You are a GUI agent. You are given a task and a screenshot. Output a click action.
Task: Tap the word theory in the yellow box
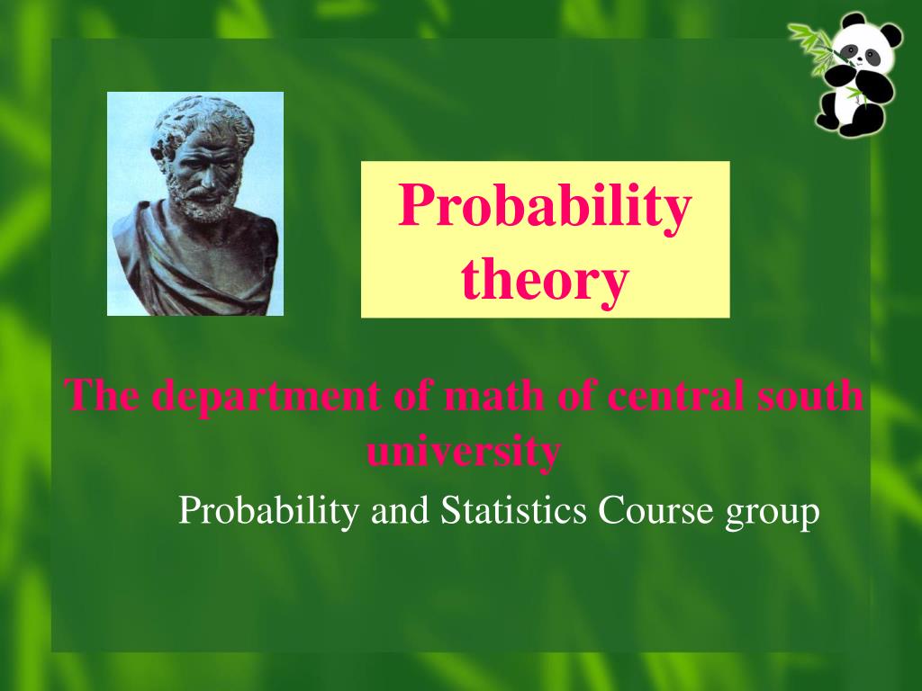coord(545,281)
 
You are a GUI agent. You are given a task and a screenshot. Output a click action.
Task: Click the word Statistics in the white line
coord(513,509)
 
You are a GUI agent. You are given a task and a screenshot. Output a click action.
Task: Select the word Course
coord(655,509)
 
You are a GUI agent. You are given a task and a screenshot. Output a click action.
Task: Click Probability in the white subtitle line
coord(268,511)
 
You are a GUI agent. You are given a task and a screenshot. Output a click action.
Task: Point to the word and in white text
coord(400,509)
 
